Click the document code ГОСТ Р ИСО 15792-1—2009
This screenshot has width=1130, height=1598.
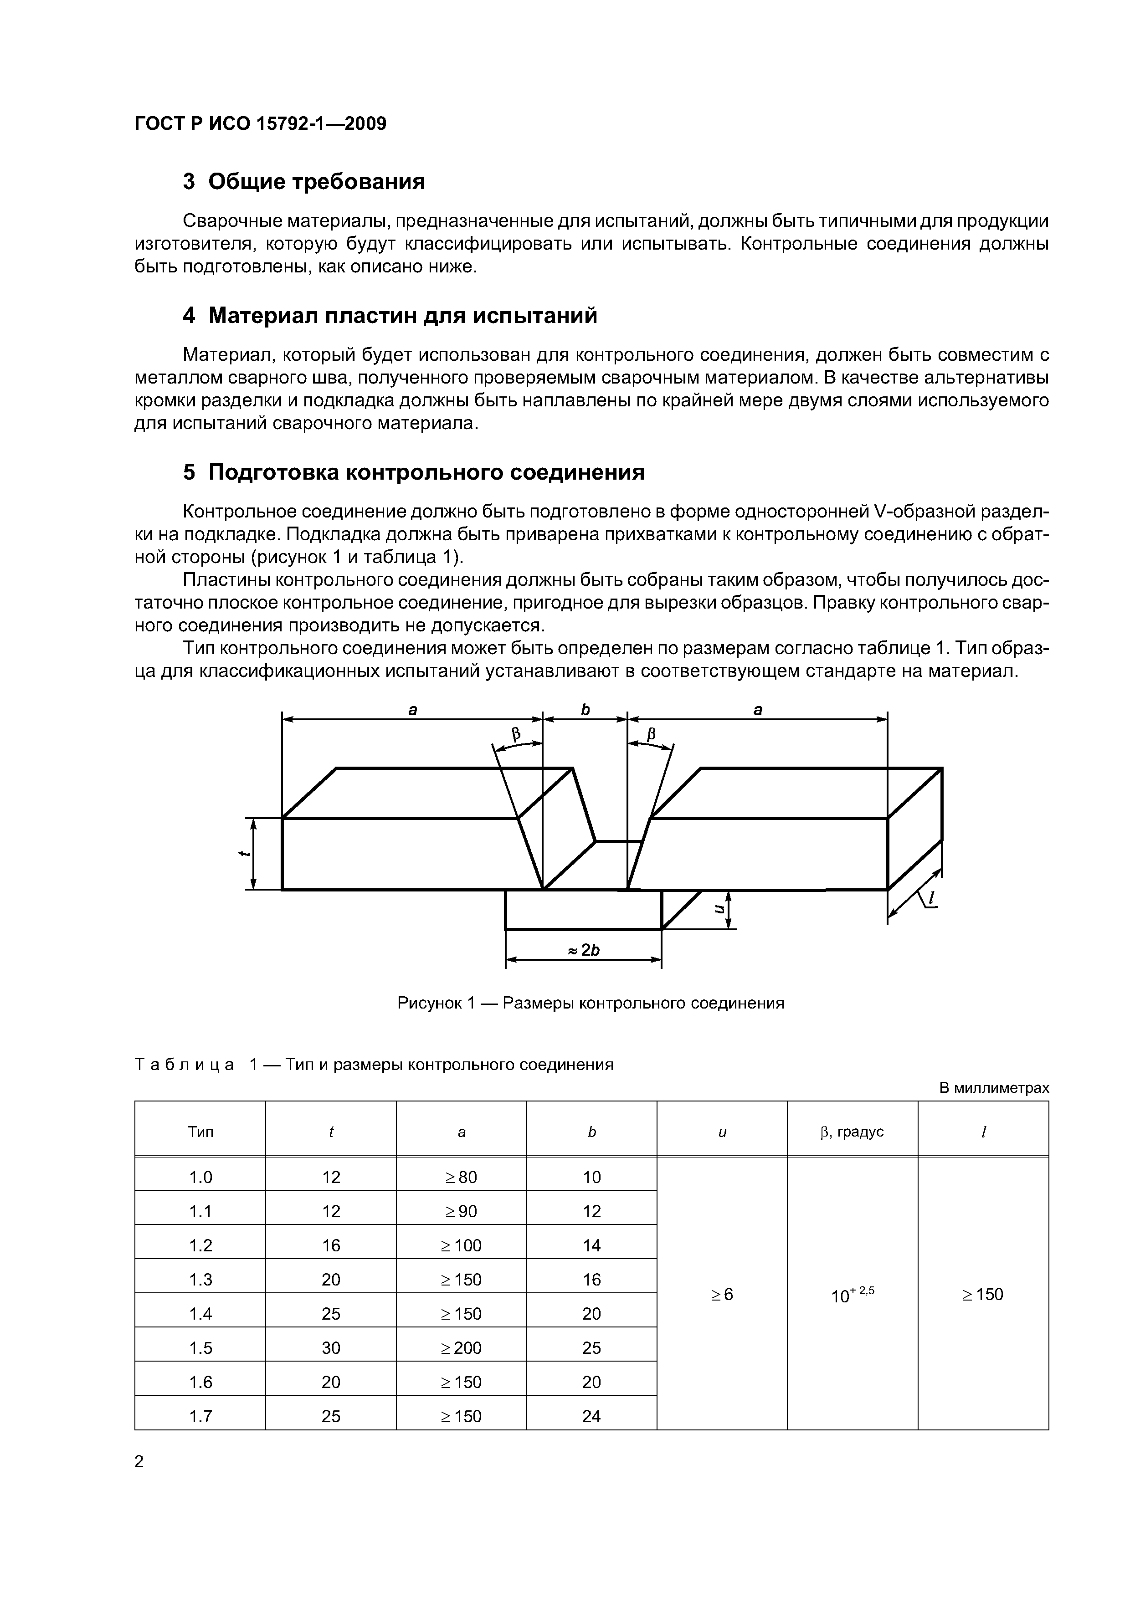(260, 124)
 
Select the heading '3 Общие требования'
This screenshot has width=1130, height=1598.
(303, 182)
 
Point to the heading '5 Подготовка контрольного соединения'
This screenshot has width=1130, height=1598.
(414, 472)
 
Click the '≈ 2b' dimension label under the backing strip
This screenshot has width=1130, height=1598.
(583, 950)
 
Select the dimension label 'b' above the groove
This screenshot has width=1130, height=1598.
(586, 709)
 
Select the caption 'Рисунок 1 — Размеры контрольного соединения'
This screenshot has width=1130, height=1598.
(591, 1003)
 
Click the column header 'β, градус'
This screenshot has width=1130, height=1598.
(852, 1132)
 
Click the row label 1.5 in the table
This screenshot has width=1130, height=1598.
(200, 1348)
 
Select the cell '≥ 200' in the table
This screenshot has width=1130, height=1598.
(461, 1348)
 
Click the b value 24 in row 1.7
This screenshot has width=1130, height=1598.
(591, 1416)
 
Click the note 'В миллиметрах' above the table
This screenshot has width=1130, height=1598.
(994, 1088)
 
